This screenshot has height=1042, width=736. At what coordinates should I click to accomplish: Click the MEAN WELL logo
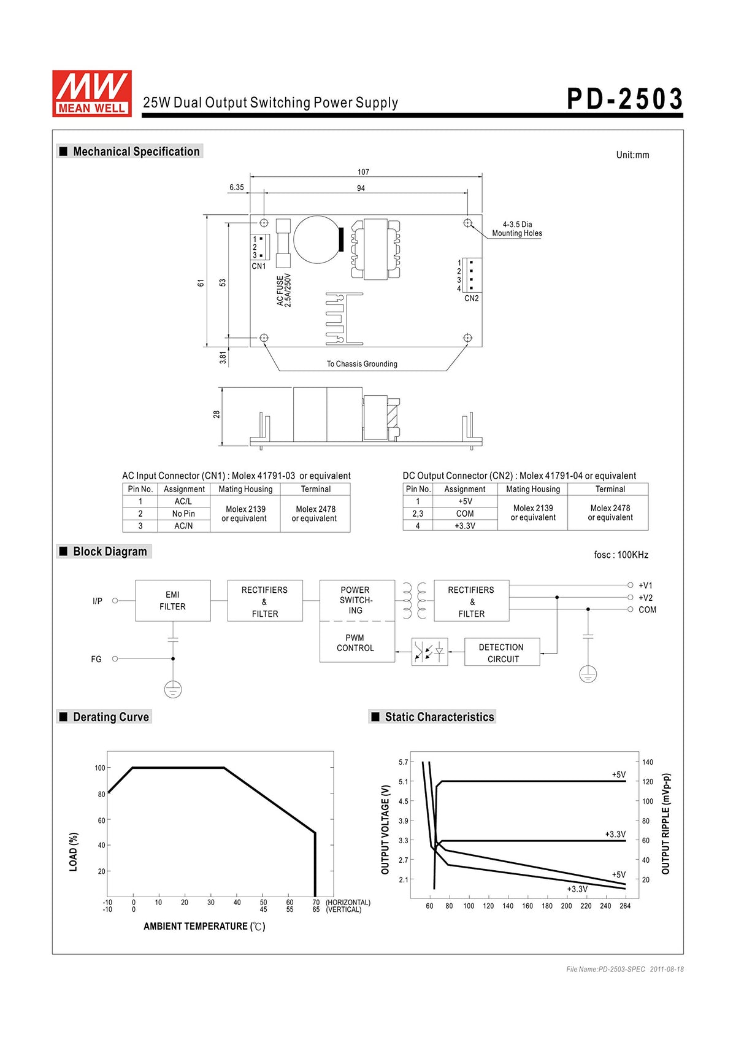point(91,93)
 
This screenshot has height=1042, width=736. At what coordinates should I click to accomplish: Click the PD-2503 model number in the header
point(624,99)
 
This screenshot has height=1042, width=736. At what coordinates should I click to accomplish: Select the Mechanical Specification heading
point(136,151)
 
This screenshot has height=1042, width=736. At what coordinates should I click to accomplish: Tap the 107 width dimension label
point(363,172)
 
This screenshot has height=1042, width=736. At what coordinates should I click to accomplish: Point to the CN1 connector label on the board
point(258,266)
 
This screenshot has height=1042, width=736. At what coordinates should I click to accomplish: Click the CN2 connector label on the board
point(472,298)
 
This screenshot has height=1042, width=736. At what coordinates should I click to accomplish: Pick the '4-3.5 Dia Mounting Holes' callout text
point(517,228)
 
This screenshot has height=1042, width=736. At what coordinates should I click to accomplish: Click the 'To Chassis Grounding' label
point(362,364)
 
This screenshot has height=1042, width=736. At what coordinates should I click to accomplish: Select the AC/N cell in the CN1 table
point(183,526)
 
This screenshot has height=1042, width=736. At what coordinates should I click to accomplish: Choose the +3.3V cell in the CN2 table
point(464,526)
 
